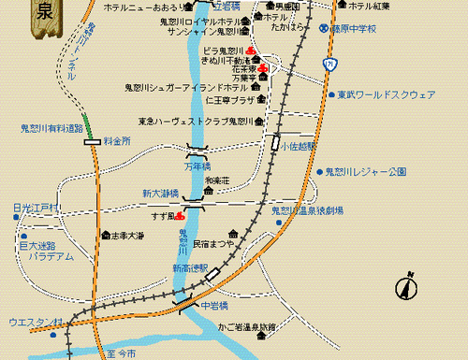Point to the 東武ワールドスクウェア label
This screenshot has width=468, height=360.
pos(386,94)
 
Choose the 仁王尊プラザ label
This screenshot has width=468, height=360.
pos(229,100)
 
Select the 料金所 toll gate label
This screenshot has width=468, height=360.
pos(118,140)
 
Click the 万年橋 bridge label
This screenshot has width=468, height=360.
pos(198,166)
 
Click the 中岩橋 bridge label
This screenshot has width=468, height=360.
pos(215,304)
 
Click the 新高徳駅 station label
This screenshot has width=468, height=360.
pos(191,268)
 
